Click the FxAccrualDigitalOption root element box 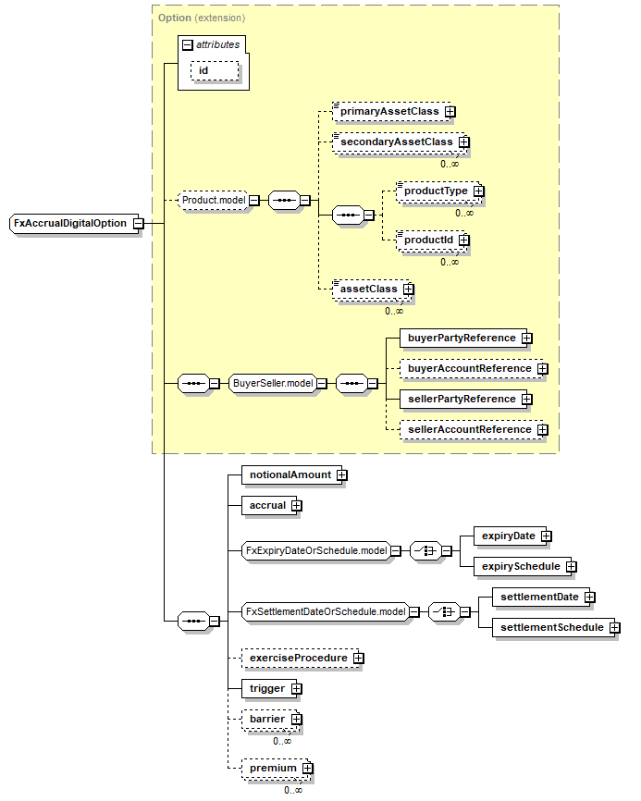point(69,223)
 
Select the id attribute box point(215,70)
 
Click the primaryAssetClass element point(388,111)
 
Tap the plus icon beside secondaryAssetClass point(464,142)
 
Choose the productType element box point(434,191)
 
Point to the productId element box point(426,240)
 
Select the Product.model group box point(214,199)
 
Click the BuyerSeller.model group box point(272,383)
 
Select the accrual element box point(265,505)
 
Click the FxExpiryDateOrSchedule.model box point(314,550)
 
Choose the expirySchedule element point(517,565)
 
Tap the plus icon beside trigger point(297,688)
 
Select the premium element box point(272,768)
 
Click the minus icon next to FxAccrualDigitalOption point(137,223)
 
